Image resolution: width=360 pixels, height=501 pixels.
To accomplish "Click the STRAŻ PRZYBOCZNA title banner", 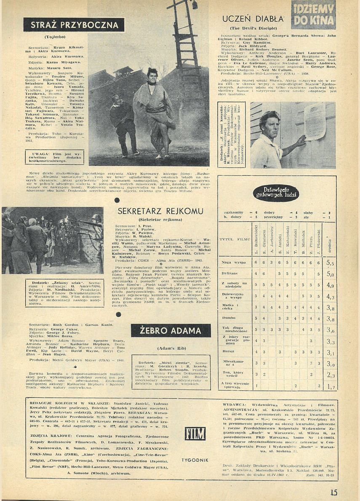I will [x=75, y=25].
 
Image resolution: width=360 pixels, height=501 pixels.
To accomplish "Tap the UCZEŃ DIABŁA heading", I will [x=253, y=19].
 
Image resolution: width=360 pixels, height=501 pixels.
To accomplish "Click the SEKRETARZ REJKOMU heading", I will [x=160, y=211].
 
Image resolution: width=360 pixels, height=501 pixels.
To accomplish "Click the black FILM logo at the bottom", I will [x=195, y=434].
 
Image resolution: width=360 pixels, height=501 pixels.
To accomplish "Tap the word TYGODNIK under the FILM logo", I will [x=195, y=460].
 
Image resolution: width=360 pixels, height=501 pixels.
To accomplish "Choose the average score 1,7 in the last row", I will [x=331, y=386].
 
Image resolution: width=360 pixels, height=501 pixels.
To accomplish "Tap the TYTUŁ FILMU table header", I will [x=232, y=239].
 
